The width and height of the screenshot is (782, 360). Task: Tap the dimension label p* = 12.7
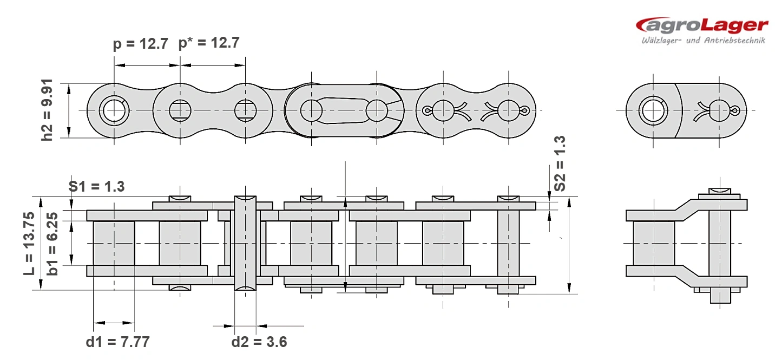(209, 43)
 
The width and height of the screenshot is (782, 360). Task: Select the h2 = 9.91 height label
(47, 110)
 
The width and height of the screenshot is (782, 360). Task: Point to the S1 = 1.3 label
(96, 186)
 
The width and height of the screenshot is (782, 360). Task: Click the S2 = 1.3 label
(559, 163)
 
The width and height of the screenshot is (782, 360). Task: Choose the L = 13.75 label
(29, 244)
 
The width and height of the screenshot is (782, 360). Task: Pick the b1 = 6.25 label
(52, 244)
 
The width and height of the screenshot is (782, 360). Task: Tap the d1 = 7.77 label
(117, 342)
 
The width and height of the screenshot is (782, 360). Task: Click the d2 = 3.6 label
(259, 342)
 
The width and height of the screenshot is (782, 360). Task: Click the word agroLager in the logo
(702, 25)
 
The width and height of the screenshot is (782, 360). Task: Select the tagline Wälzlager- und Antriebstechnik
(703, 41)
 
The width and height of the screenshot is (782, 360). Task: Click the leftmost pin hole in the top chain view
(114, 110)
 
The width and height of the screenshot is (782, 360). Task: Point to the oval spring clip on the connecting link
(344, 110)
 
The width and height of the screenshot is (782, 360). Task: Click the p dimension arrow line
(147, 65)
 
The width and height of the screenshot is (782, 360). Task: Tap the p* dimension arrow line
(213, 65)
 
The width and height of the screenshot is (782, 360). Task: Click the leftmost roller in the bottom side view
(114, 244)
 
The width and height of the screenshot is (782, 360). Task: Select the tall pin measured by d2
(245, 244)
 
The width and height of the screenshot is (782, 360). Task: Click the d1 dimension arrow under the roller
(114, 323)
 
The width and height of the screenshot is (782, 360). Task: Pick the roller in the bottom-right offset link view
(654, 244)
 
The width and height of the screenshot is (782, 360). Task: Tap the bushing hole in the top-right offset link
(653, 110)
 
